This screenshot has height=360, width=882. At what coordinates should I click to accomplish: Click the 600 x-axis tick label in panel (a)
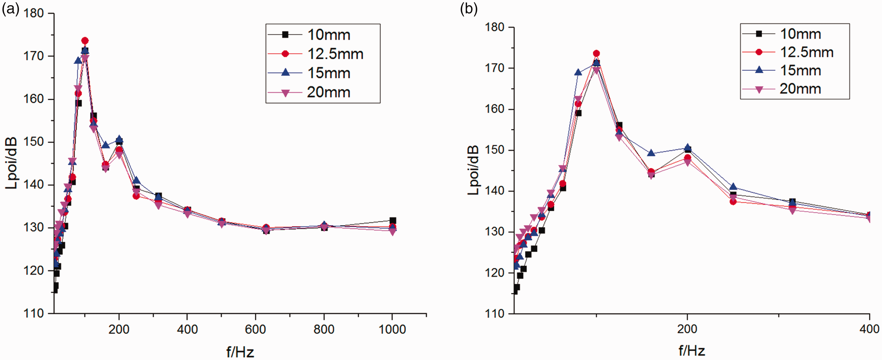tap(255, 330)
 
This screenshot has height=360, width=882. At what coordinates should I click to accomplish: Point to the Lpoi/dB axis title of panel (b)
tap(473, 170)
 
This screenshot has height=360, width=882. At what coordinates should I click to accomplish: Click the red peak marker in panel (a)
tap(85, 41)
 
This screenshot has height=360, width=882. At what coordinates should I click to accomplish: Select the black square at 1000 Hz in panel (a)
tap(393, 220)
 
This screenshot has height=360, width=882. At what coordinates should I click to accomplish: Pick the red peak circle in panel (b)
tap(596, 53)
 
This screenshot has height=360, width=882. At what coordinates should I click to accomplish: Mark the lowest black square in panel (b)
tap(515, 291)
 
